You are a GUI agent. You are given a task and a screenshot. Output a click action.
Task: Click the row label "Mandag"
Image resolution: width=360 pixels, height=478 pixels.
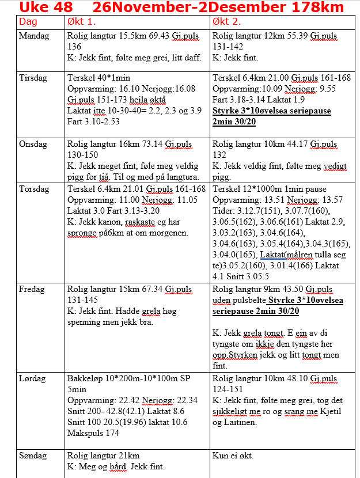click(35, 36)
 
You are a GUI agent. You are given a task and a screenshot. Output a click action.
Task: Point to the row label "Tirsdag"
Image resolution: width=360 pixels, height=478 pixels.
click(33, 78)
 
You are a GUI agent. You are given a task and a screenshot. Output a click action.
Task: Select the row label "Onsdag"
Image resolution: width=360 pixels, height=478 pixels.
click(34, 144)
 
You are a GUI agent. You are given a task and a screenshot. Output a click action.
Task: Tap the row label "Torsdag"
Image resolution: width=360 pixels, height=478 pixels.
click(34, 189)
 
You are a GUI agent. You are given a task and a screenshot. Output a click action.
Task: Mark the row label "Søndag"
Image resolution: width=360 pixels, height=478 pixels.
click(34, 456)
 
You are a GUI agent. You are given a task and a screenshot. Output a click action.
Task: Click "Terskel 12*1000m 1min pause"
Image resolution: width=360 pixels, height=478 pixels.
click(270, 189)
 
